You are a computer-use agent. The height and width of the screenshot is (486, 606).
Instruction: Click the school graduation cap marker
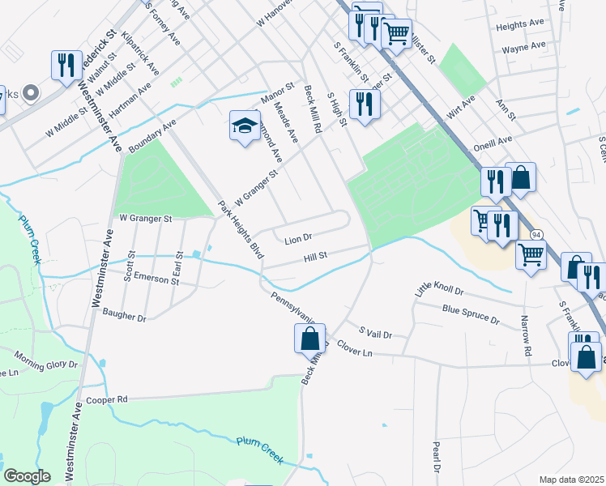coord(245,126)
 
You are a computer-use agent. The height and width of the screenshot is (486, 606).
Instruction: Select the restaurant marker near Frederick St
coord(66,66)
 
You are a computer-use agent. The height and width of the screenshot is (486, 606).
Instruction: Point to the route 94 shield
coord(536,233)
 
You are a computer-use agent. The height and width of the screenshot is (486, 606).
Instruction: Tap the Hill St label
coord(315,257)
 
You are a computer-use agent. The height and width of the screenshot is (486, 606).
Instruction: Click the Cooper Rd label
coord(108,399)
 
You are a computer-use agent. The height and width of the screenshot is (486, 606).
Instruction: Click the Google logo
coord(28,475)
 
